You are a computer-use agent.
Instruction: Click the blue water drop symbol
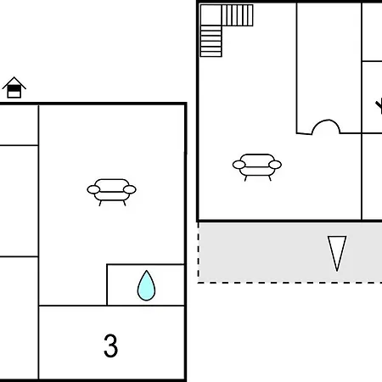(146, 286)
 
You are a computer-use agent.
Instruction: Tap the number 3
(110, 345)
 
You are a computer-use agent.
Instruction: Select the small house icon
(14, 87)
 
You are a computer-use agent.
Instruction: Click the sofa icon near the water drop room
(111, 192)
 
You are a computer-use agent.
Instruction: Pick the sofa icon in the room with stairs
(257, 167)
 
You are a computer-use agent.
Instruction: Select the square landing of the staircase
(211, 14)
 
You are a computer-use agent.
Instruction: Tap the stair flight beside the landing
(238, 15)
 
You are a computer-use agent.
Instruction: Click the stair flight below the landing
(211, 41)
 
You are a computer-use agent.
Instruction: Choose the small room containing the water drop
(145, 285)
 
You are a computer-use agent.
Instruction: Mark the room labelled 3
(111, 342)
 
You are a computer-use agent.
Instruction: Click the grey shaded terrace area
(290, 252)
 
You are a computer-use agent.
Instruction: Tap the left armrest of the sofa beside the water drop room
(93, 189)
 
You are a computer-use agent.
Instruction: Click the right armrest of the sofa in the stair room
(275, 165)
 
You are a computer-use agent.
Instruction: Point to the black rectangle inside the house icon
(14, 88)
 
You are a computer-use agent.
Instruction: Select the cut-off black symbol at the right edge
(379, 106)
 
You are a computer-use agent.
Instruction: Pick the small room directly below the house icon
(19, 126)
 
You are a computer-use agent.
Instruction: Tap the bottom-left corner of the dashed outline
(198, 283)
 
